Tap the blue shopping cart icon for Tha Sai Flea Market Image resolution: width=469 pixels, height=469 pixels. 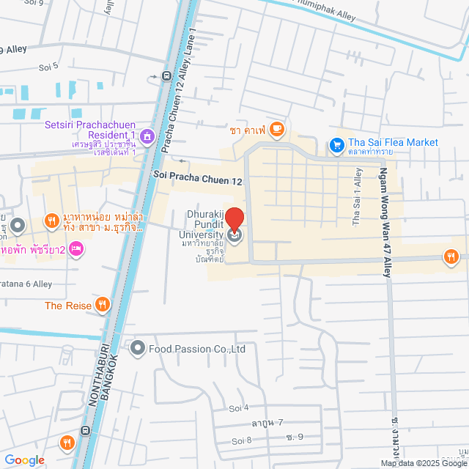[x=336, y=145]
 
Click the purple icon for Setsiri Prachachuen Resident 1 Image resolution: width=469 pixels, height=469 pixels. [x=147, y=136]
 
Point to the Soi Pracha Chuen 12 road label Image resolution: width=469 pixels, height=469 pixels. [x=198, y=178]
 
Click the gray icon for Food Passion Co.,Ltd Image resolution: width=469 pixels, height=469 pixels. [x=137, y=348]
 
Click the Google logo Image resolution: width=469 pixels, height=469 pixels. [x=24, y=460]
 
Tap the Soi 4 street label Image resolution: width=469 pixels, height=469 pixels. [x=239, y=407]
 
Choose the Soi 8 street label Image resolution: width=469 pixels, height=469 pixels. [x=241, y=440]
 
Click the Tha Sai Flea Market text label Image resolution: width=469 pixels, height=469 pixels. [x=394, y=142]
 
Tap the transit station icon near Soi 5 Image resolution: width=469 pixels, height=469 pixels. [x=166, y=75]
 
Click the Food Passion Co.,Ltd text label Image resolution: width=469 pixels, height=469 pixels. [x=197, y=349]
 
